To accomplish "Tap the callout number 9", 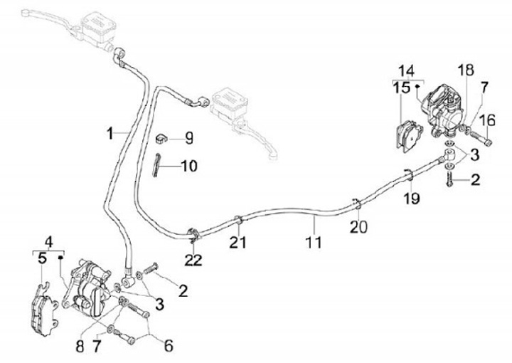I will coord(188,136).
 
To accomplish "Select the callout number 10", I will coord(188,167).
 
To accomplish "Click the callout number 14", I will coord(406,70).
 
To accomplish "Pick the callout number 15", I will coord(403,88).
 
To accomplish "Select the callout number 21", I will coord(239,243).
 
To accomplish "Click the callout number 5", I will coord(43,258).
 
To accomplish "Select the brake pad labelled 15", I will coord(408,135).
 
